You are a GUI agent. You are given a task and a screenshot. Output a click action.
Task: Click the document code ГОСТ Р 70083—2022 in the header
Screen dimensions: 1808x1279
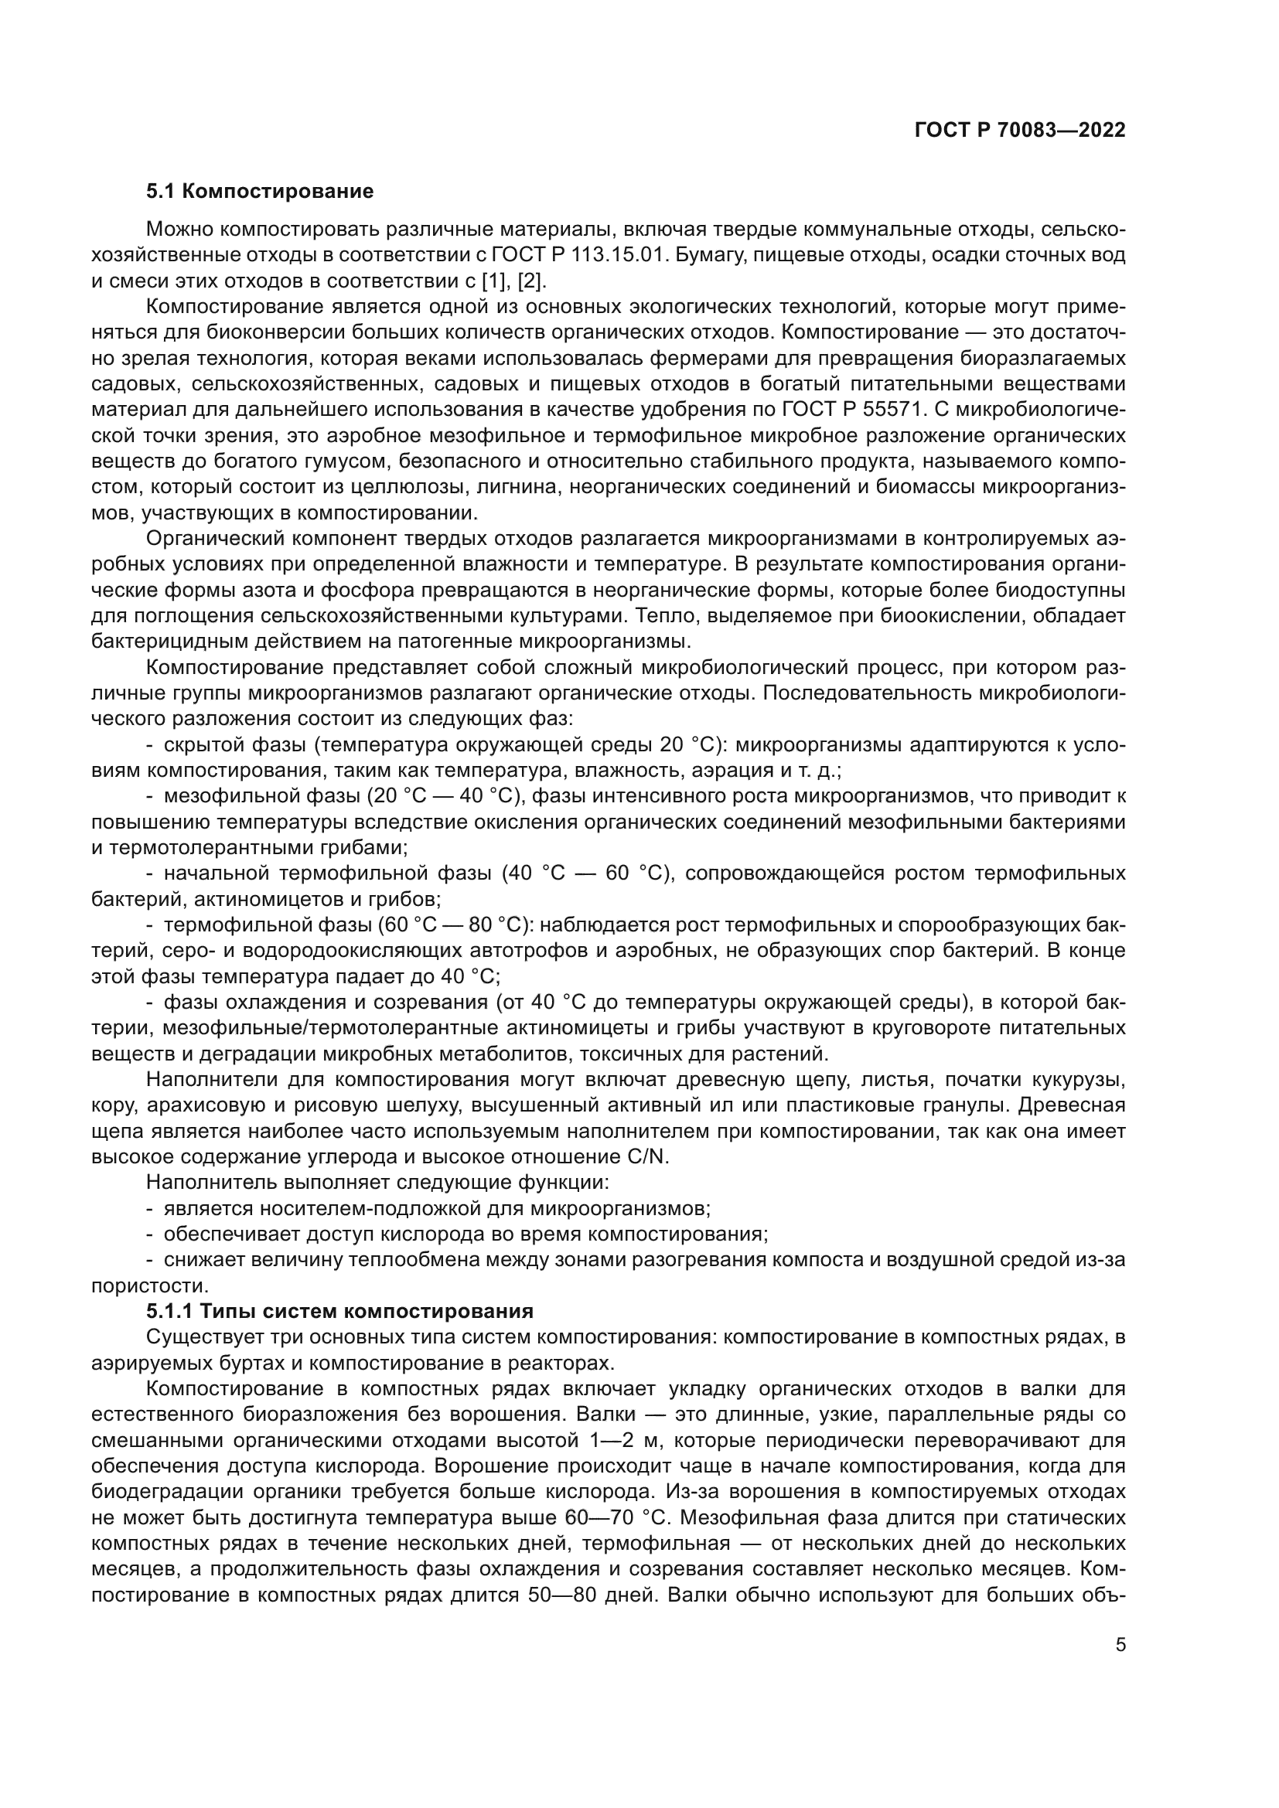pos(1020,131)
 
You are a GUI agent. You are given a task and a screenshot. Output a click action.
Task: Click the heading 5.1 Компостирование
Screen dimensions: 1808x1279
pos(259,192)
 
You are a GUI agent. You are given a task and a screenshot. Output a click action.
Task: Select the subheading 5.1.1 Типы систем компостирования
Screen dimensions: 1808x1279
pos(339,1311)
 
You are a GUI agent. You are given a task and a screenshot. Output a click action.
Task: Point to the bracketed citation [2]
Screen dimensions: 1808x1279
pos(532,281)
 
